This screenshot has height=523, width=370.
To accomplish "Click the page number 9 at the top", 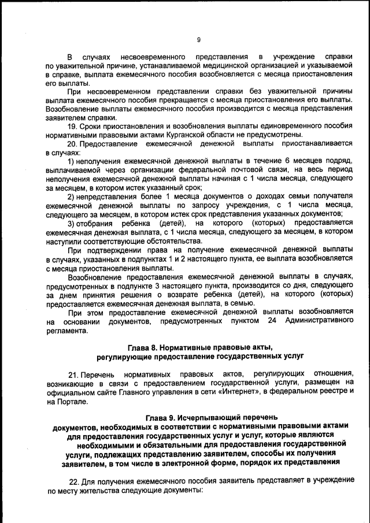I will point(198,40).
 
